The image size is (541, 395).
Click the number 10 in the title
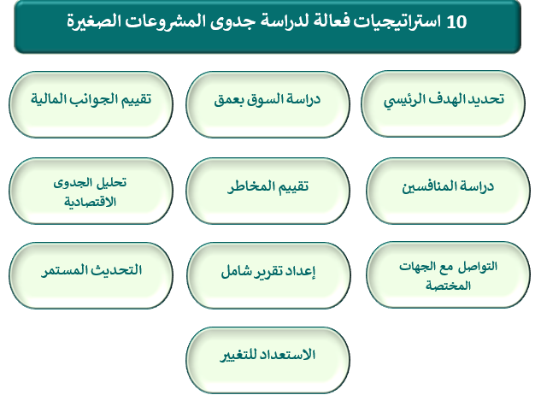[x=456, y=21]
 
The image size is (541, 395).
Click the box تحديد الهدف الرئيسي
[x=443, y=103]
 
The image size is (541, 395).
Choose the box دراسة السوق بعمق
[x=268, y=104]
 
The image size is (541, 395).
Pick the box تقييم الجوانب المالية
[x=91, y=104]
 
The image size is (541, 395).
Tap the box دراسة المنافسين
[x=448, y=191]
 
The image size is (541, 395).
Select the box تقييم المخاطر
[x=268, y=191]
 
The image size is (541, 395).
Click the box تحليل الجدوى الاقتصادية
[x=91, y=191]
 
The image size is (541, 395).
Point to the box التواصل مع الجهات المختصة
[x=448, y=274]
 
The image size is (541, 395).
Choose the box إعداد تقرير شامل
[x=268, y=275]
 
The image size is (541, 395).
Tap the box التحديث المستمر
[x=91, y=275]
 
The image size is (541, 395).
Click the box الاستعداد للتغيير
[x=268, y=360]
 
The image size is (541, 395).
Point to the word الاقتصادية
[x=90, y=202]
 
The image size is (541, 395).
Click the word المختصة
[x=448, y=286]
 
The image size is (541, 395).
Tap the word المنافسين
[x=427, y=186]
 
